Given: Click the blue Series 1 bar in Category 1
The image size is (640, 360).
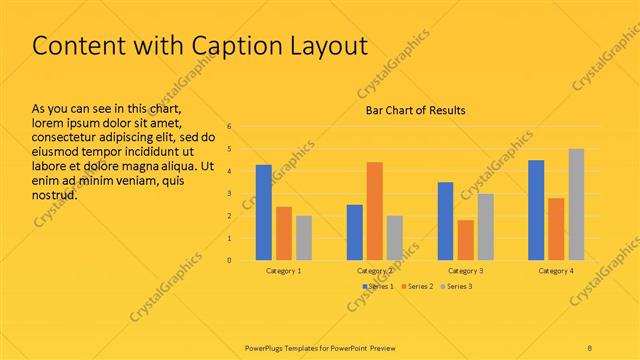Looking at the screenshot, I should click(264, 212).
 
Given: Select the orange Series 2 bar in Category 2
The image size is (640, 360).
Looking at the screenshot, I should click(374, 211).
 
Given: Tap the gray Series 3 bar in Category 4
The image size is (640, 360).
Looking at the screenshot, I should click(576, 204).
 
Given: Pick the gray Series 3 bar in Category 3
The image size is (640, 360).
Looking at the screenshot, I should click(485, 227).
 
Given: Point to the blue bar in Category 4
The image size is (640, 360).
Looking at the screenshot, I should click(536, 210).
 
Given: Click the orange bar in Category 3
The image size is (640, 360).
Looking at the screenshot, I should click(465, 240).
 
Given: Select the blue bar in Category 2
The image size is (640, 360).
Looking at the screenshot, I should click(354, 232).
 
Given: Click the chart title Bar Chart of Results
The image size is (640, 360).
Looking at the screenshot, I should click(414, 110).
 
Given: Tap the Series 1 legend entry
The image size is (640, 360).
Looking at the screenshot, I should click(377, 287).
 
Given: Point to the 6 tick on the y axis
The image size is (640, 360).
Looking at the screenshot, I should click(230, 127).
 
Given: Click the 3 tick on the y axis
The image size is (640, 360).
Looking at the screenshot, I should click(230, 194).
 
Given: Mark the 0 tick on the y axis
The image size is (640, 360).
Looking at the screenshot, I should click(230, 261).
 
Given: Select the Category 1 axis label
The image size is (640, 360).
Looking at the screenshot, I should click(284, 271).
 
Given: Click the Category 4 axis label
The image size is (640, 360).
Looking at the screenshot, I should click(556, 271).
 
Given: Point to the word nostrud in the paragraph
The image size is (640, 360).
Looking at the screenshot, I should click(55, 194).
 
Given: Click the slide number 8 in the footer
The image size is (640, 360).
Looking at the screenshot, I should click(590, 347).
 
